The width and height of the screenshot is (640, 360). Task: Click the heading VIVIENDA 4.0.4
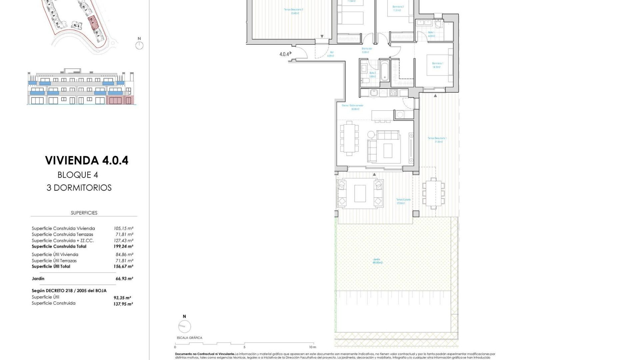click(87, 160)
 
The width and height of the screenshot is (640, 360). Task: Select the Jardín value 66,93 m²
click(124, 279)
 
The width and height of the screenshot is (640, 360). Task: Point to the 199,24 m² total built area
click(123, 247)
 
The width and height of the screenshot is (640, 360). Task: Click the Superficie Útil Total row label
click(51, 267)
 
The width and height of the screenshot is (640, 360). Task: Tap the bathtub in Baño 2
click(384, 70)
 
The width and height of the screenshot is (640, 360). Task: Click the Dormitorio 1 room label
click(437, 63)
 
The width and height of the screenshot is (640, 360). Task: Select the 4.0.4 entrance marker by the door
click(284, 54)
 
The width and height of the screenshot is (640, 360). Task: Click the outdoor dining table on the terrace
click(433, 193)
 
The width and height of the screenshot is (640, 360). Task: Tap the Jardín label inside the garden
click(377, 259)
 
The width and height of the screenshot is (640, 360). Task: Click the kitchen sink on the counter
click(374, 93)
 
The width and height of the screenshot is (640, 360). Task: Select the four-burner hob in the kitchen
click(394, 93)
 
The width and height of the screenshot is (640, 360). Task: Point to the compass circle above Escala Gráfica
click(184, 327)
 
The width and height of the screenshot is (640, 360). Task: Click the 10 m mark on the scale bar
click(312, 347)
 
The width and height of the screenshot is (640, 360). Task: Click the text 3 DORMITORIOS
click(79, 188)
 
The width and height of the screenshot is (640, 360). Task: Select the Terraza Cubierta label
click(403, 200)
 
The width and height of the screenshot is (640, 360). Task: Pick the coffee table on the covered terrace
click(360, 194)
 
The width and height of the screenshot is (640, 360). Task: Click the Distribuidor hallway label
click(367, 49)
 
